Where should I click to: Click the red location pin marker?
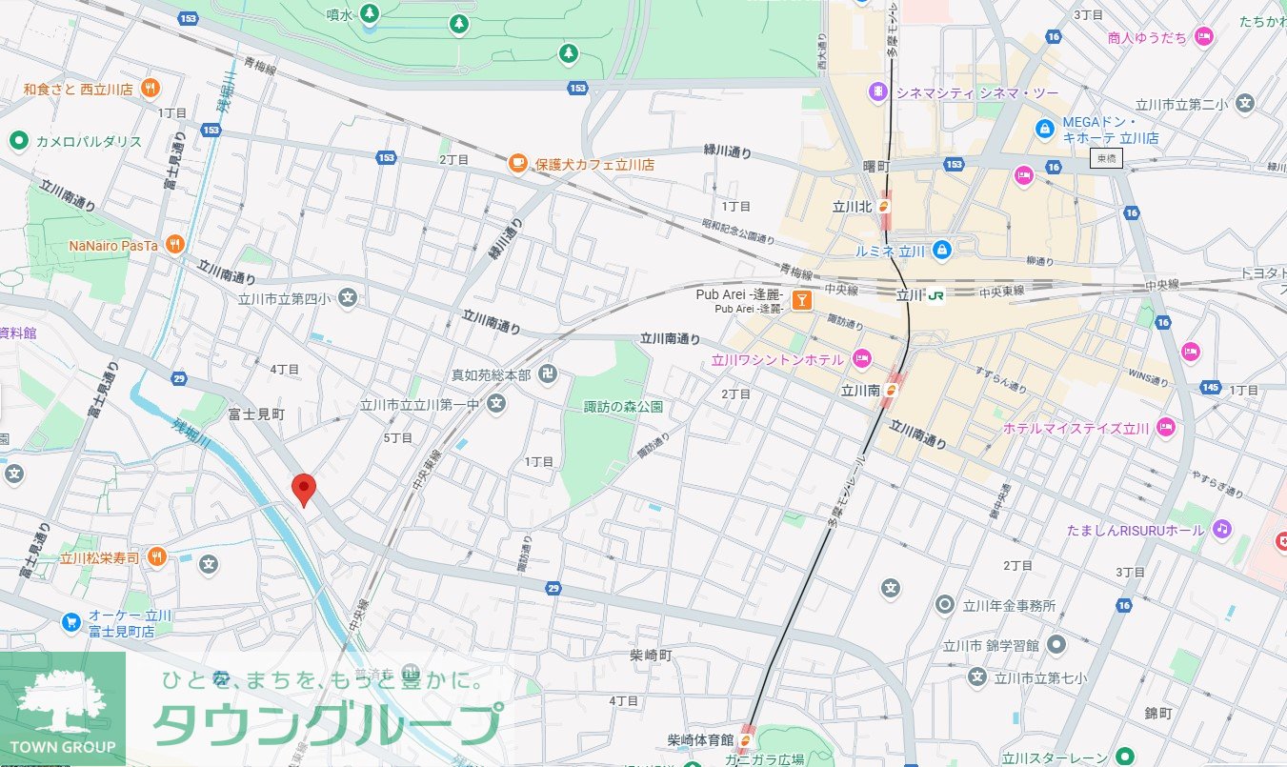click(303, 489)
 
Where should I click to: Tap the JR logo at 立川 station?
click(935, 296)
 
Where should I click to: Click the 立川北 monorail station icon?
click(886, 205)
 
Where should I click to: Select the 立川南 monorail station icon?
click(893, 389)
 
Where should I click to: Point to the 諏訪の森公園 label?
click(623, 407)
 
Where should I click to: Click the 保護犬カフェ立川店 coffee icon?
click(517, 164)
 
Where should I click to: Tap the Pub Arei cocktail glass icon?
click(803, 301)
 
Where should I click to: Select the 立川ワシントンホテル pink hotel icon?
click(861, 360)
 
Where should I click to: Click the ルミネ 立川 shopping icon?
click(941, 250)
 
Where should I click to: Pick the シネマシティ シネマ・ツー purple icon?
click(875, 91)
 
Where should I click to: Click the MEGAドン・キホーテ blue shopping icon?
click(1044, 127)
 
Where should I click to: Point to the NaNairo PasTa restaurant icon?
click(173, 245)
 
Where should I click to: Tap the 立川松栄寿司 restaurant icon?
click(157, 557)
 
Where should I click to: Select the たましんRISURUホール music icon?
click(1222, 529)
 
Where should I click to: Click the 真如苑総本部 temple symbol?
click(547, 374)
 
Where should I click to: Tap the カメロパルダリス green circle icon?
click(17, 142)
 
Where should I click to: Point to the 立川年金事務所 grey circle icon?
click(945, 604)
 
